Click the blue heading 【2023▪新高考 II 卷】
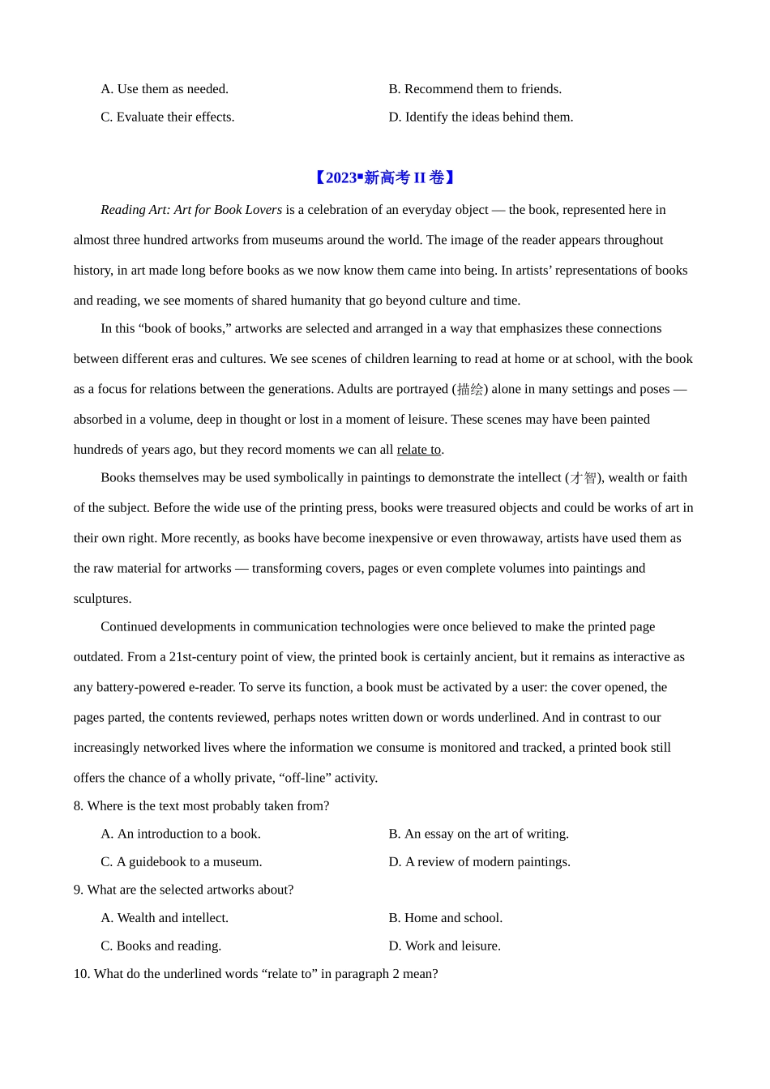[x=384, y=177]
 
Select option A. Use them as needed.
[x=165, y=89]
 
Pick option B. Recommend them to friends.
[x=475, y=89]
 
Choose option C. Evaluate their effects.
[x=168, y=117]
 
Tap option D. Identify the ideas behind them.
[x=481, y=117]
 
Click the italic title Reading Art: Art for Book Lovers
[x=191, y=210]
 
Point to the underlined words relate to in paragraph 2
[x=418, y=450]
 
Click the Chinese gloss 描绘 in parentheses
[x=470, y=390]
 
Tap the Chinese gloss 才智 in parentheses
[x=584, y=478]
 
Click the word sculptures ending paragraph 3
[x=101, y=599]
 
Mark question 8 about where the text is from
[x=201, y=806]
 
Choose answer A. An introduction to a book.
[x=181, y=834]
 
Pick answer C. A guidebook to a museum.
[x=182, y=862]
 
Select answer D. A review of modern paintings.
[x=479, y=862]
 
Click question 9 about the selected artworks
[x=183, y=890]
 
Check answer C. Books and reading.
[x=161, y=946]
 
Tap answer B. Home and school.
[x=445, y=918]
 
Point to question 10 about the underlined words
[x=255, y=974]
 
